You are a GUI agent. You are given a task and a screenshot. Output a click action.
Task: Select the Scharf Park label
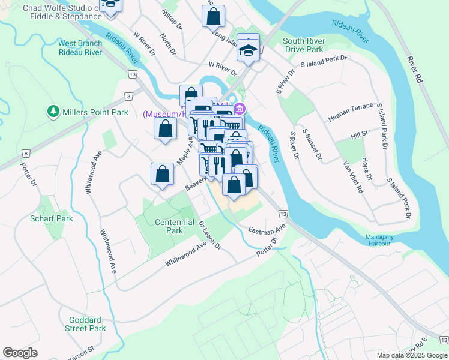pyautogui.click(x=52, y=218)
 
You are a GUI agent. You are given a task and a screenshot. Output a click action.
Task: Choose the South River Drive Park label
pyautogui.click(x=303, y=45)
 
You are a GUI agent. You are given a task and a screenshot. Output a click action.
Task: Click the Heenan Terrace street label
pyautogui.click(x=351, y=112)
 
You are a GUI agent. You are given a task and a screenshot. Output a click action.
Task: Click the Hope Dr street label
pyautogui.click(x=367, y=169)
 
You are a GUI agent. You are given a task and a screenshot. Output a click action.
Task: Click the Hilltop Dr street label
pyautogui.click(x=172, y=19)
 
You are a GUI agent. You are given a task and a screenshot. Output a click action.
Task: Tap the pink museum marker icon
pyautogui.click(x=240, y=109)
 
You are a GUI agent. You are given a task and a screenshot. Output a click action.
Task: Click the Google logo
pyautogui.click(x=20, y=353)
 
